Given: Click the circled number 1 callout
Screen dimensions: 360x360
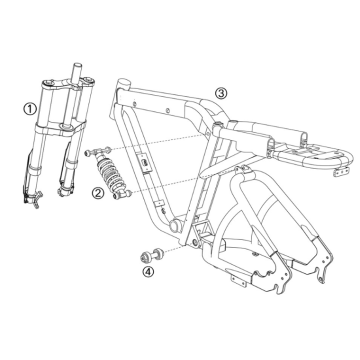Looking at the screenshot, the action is pyautogui.click(x=30, y=109).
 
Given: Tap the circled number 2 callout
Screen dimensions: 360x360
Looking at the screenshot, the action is pyautogui.click(x=98, y=192).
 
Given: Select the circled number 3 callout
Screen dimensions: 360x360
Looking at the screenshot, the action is pyautogui.click(x=221, y=93).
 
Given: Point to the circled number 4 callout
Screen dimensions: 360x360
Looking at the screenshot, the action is pyautogui.click(x=148, y=271).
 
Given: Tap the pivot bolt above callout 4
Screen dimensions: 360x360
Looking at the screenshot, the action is pyautogui.click(x=151, y=254).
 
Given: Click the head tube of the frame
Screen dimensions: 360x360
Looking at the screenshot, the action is pyautogui.click(x=122, y=91).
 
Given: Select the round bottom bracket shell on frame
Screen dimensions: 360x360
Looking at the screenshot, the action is pyautogui.click(x=175, y=226).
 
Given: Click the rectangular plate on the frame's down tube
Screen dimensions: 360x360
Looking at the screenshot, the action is pyautogui.click(x=144, y=163).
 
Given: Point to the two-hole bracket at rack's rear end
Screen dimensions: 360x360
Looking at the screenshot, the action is pyautogui.click(x=340, y=172).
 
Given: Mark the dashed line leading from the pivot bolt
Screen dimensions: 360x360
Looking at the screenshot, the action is pyautogui.click(x=174, y=250).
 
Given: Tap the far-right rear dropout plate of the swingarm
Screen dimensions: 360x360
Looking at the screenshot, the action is pyautogui.click(x=323, y=262).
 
